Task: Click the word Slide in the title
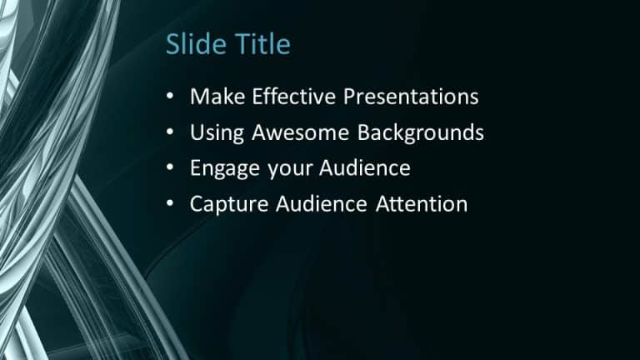(197, 43)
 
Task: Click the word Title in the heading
(261, 43)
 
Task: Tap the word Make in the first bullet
(212, 97)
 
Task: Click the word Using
(213, 133)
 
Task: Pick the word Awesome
(294, 132)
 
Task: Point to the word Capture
(221, 204)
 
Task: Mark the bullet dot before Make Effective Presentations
(171, 97)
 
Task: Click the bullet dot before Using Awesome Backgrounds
(171, 132)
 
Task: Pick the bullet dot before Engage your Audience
(171, 168)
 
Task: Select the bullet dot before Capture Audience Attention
(171, 204)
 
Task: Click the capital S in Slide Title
(173, 43)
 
